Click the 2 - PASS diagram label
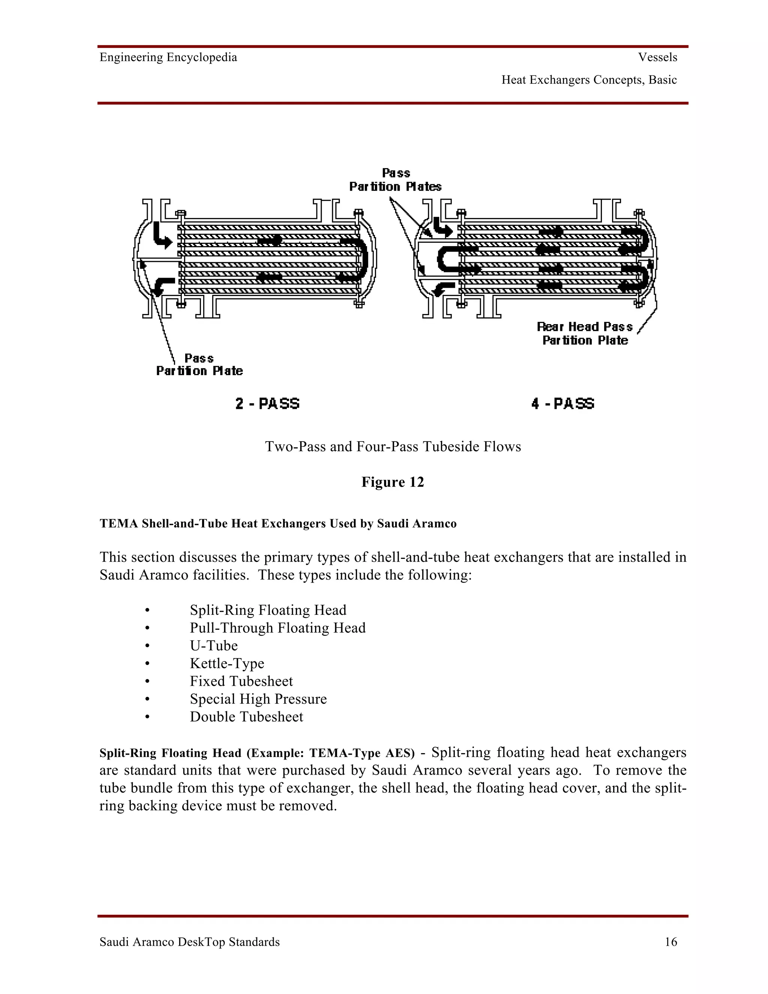pos(267,404)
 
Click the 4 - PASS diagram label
pos(563,404)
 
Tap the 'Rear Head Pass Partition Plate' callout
pos(585,333)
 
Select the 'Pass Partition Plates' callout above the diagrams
pos(395,180)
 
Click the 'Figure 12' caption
pos(393,482)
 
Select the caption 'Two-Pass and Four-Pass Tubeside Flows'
pos(393,446)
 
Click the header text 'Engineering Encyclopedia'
pos(168,57)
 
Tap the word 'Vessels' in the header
pos(657,57)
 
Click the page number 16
pos(670,942)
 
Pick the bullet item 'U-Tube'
pos(214,646)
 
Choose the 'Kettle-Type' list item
pos(227,663)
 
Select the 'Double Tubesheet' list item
pos(246,717)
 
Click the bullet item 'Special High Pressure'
pos(258,699)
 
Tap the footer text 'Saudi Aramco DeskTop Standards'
pos(190,942)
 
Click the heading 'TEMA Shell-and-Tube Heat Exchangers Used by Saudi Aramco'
pos(278,524)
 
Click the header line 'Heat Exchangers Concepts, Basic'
pos(589,80)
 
